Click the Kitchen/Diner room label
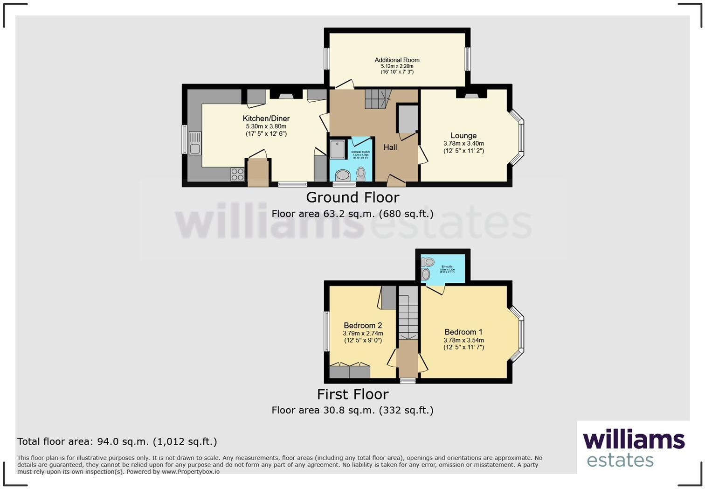[x=266, y=119]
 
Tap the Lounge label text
[x=463, y=136]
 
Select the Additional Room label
[x=397, y=60]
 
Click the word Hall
[x=390, y=147]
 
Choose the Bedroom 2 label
[x=363, y=326]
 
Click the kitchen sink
[x=195, y=144]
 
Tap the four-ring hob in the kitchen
[x=237, y=174]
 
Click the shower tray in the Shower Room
[x=337, y=150]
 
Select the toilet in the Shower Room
[x=361, y=174]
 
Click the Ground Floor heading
[x=352, y=197]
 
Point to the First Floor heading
[x=352, y=394]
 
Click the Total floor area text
[x=117, y=441]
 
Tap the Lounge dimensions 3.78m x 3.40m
[x=463, y=144]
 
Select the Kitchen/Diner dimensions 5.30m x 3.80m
[x=266, y=126]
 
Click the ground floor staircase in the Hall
[x=376, y=99]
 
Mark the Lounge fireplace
[x=471, y=95]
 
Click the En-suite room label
[x=447, y=267]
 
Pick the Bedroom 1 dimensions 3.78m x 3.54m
[x=463, y=340]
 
